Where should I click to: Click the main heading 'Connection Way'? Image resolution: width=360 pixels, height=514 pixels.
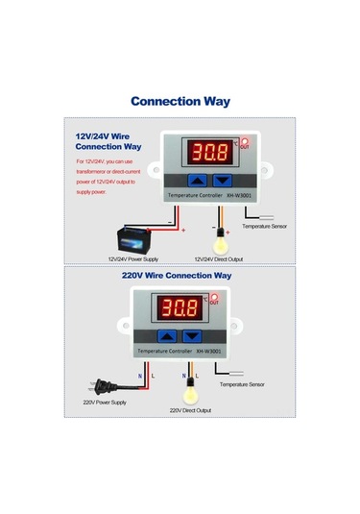(180, 100)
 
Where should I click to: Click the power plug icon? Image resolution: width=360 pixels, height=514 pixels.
(96, 382)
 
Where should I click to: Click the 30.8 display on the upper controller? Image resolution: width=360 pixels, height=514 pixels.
(208, 151)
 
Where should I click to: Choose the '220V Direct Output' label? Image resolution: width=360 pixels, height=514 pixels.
(190, 410)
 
